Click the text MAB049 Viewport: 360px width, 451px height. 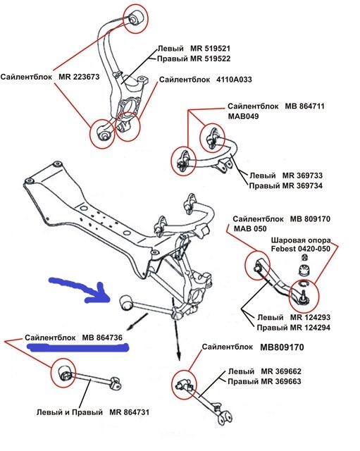point(244,117)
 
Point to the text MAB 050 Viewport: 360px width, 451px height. point(250,230)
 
